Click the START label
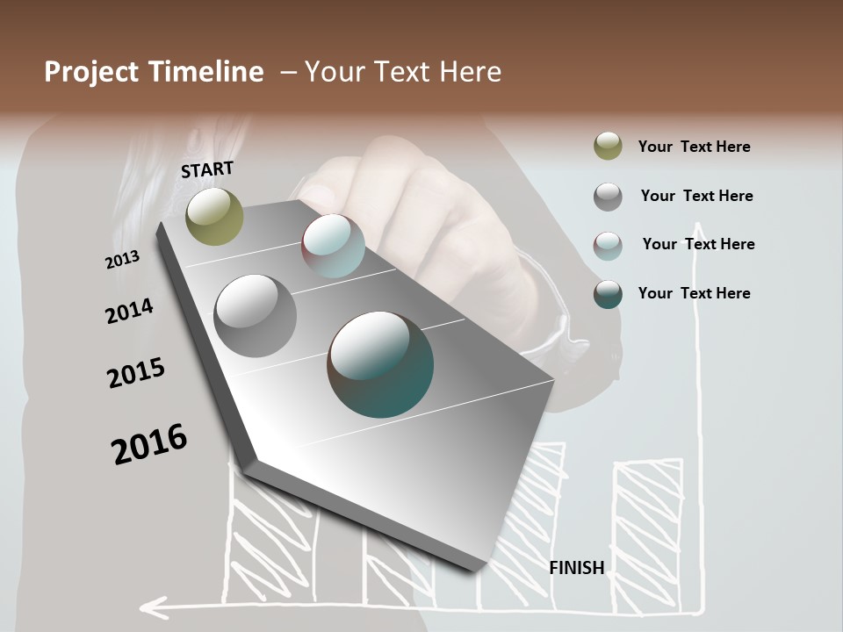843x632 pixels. pos(207,169)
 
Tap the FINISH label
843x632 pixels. pos(576,568)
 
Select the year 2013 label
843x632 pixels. pos(122,260)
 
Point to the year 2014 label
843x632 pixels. pos(129,311)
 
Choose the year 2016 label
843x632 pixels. pos(149,444)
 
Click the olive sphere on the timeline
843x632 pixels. pos(214,216)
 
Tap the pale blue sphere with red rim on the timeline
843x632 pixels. pos(333,246)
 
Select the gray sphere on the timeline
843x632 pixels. pos(256,316)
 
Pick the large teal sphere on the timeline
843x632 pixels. pos(380,364)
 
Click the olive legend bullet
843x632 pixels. pos(608,147)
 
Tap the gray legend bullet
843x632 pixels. pos(608,197)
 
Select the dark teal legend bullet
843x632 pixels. pos(608,294)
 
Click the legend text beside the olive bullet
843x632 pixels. pos(694,147)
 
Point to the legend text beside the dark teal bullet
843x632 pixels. pos(694,293)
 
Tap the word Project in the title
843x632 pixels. pos(90,72)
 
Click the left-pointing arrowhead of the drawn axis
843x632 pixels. pos(153,606)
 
